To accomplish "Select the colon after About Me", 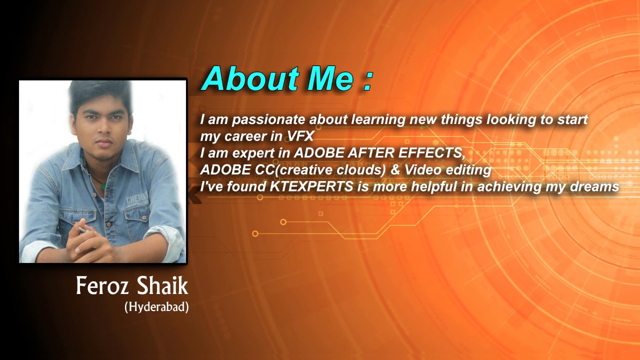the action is (368, 81).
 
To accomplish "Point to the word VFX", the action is (300, 136).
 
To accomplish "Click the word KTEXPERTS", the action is (311, 187).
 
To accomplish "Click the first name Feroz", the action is (102, 285).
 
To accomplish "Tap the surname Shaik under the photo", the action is (161, 285).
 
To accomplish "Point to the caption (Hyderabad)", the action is (156, 307).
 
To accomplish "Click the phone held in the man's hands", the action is (83, 229).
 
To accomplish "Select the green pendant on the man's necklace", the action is (103, 186).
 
